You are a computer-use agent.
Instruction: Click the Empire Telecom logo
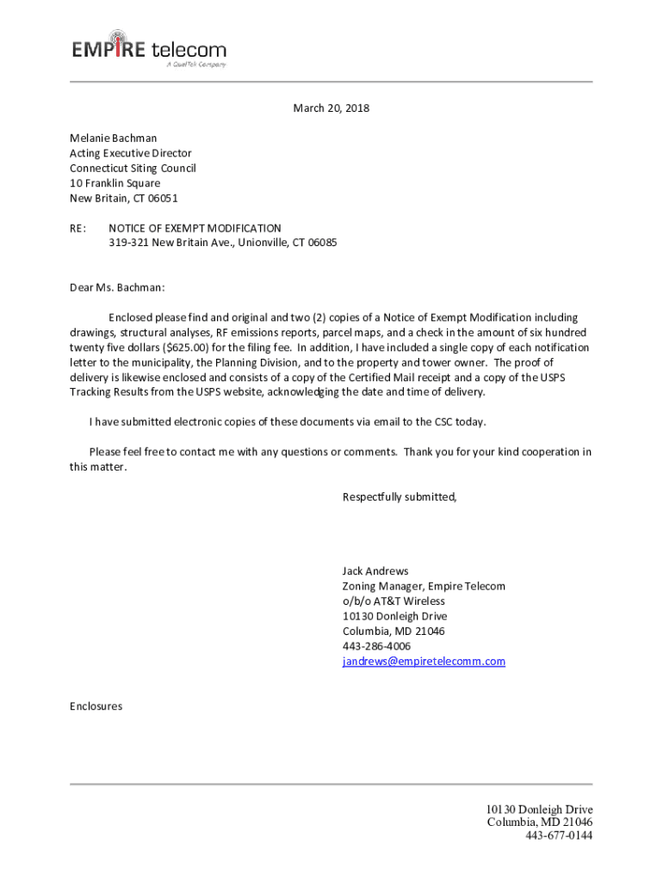[x=149, y=49]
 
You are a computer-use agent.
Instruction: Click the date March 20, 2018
[x=331, y=108]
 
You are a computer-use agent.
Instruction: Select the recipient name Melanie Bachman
[x=113, y=138]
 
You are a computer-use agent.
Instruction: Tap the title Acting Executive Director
[x=130, y=153]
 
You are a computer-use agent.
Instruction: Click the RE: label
[x=78, y=229]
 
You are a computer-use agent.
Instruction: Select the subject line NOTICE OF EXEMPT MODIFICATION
[x=195, y=229]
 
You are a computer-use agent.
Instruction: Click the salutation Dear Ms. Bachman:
[x=116, y=287]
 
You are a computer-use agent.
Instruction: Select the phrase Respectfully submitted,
[x=400, y=496]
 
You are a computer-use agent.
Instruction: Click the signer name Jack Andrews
[x=375, y=571]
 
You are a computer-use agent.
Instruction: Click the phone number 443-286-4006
[x=376, y=646]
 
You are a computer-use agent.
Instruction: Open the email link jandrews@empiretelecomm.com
[x=424, y=662]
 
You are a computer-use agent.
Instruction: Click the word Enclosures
[x=96, y=706]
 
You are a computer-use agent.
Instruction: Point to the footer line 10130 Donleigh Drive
[x=539, y=810]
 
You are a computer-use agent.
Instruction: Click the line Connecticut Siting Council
[x=133, y=168]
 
